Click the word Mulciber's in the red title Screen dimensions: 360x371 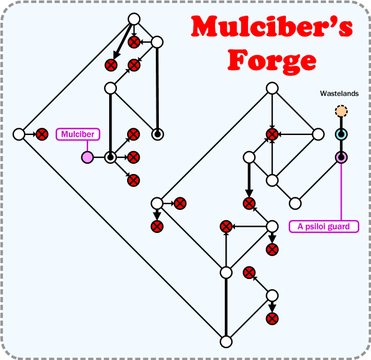click(x=272, y=28)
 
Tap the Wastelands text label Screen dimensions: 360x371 click(x=339, y=94)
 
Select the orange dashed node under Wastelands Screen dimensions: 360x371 click(x=341, y=111)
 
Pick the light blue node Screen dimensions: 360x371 click(x=341, y=134)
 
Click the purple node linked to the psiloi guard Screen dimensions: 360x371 click(x=341, y=157)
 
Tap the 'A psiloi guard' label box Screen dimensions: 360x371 click(x=324, y=226)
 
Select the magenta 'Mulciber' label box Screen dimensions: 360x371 click(x=78, y=134)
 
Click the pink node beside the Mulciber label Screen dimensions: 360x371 click(x=88, y=157)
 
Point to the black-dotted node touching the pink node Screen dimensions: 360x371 click(x=110, y=157)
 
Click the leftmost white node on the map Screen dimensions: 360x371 click(x=19, y=134)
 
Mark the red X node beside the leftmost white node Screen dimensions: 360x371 click(x=41, y=134)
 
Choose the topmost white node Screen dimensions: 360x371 click(x=134, y=19)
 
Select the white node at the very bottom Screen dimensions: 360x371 click(x=226, y=341)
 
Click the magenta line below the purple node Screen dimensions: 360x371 click(x=341, y=192)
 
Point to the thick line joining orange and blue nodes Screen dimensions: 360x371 click(x=341, y=122)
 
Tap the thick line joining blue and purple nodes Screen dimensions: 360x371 click(x=341, y=146)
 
